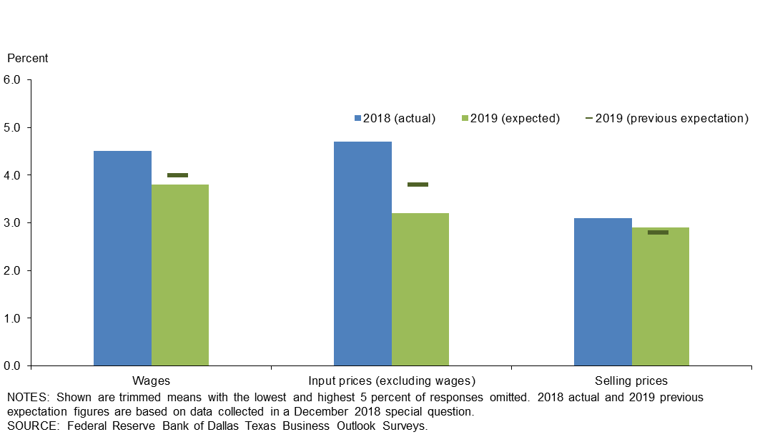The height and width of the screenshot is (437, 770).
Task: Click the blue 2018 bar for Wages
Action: pyautogui.click(x=122, y=258)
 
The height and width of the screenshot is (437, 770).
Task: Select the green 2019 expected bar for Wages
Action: pyautogui.click(x=180, y=275)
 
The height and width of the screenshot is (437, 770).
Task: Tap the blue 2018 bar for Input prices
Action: pyautogui.click(x=362, y=253)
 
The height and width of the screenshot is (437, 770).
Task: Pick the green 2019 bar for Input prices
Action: pyautogui.click(x=420, y=289)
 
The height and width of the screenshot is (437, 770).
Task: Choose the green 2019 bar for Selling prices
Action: pyautogui.click(x=661, y=296)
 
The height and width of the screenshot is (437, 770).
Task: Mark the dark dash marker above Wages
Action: pyautogui.click(x=177, y=175)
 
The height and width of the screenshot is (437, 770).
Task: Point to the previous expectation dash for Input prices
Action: pyautogui.click(x=418, y=185)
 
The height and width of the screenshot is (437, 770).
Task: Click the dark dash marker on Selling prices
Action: pyautogui.click(x=658, y=232)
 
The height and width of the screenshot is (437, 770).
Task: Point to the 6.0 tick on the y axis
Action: pyautogui.click(x=15, y=80)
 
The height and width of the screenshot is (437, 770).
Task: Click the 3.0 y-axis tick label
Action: pyautogui.click(x=15, y=223)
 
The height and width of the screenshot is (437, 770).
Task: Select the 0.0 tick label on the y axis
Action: pyautogui.click(x=15, y=365)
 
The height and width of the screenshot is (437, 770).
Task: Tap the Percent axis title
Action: pyautogui.click(x=27, y=58)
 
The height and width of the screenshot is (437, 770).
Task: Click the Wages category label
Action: pyautogui.click(x=151, y=380)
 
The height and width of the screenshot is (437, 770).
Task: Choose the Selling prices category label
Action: pyautogui.click(x=631, y=380)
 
